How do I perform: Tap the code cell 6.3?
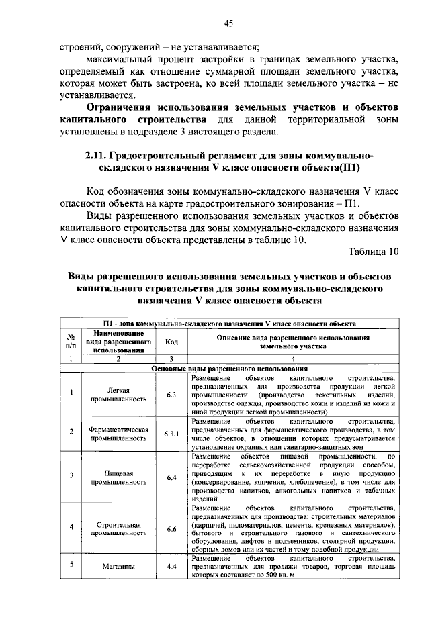point(171,394)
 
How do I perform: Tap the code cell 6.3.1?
point(171,434)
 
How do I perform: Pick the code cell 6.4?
point(171,477)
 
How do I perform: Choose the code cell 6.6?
point(171,528)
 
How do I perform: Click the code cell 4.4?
point(171,566)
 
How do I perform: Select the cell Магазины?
point(120,566)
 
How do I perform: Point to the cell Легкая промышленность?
point(118,394)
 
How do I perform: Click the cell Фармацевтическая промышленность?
point(118,434)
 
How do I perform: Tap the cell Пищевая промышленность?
point(118,477)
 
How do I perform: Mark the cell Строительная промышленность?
point(118,528)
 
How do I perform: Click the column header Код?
point(171,341)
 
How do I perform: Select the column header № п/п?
point(71,341)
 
